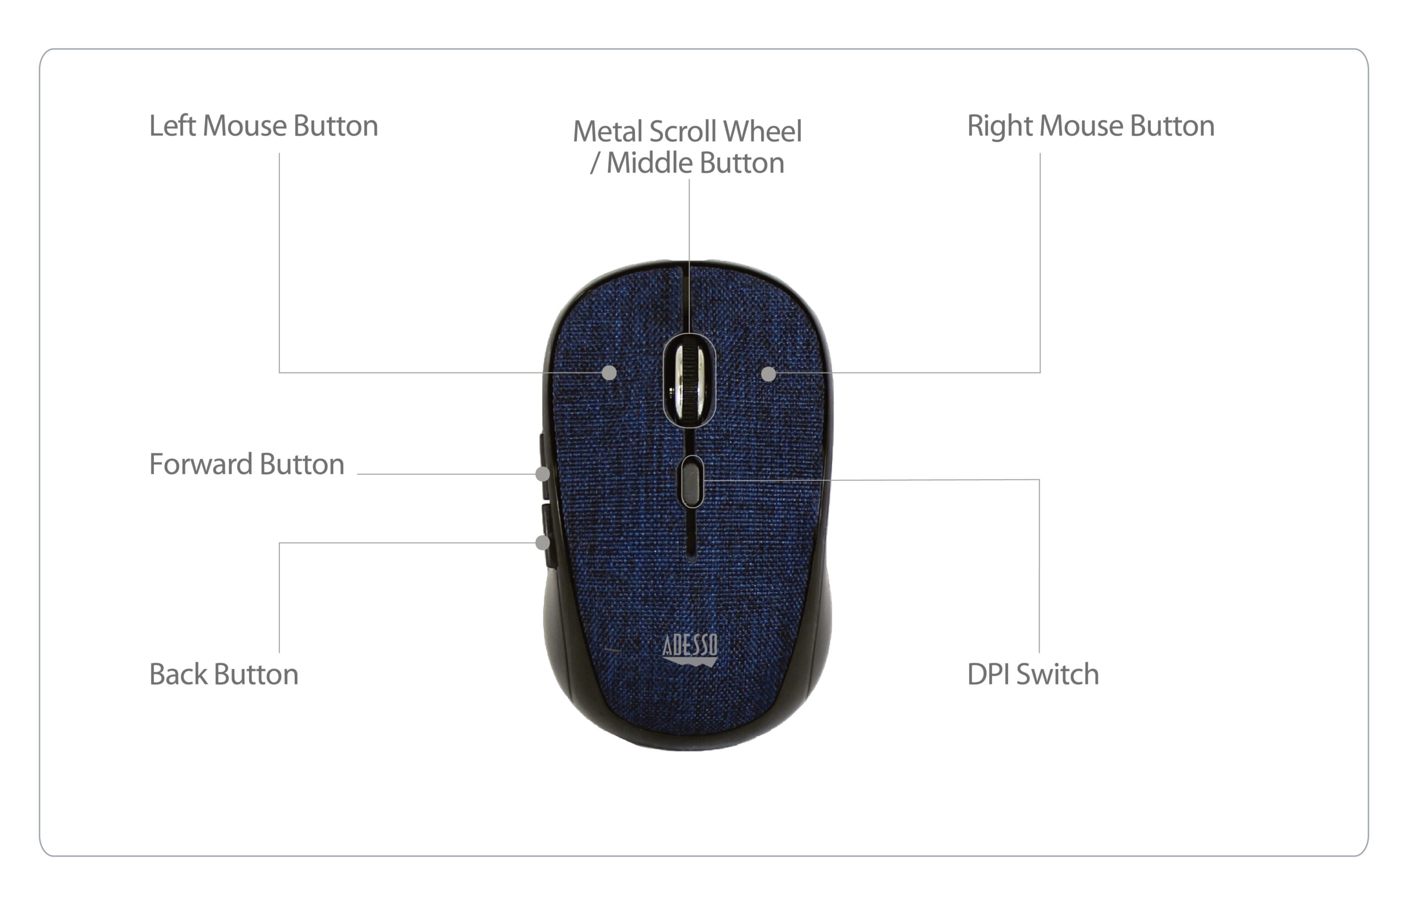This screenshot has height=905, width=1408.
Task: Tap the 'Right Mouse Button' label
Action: coord(1091,126)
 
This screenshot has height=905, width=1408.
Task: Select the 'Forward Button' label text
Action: coord(247,464)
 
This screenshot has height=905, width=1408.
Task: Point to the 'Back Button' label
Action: coord(224,674)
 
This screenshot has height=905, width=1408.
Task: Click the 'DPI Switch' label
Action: coord(1033,674)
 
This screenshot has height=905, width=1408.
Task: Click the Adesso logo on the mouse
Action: coord(690,649)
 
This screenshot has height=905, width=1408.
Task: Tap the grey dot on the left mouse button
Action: coord(609,372)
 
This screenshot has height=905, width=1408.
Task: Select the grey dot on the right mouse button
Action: coord(768,374)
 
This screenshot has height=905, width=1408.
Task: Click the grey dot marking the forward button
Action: coord(543,474)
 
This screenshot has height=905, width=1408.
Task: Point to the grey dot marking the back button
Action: coord(543,542)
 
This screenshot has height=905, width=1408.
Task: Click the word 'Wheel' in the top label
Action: coord(762,131)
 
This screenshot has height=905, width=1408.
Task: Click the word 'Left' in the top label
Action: coord(172,126)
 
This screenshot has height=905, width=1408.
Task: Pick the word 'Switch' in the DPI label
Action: coord(1057,674)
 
